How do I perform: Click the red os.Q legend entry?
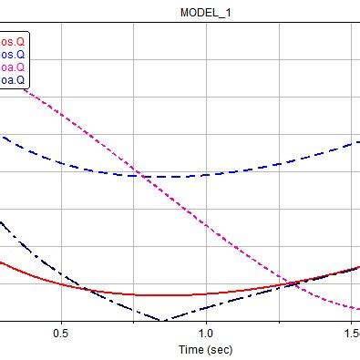tap(13, 42)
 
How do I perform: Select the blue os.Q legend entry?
tap(13, 54)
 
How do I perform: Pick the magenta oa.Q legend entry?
tap(13, 67)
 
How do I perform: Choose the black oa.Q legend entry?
tap(13, 79)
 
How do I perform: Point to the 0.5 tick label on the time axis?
tap(62, 334)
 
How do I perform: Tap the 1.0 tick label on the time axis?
tap(206, 334)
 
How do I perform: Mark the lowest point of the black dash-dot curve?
tap(162, 320)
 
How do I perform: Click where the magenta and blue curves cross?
tap(137, 174)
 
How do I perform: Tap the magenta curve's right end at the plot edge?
tap(358, 309)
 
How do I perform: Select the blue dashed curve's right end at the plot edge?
tap(358, 141)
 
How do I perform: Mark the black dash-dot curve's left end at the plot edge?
tap(1, 221)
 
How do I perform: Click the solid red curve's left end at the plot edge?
tap(1, 263)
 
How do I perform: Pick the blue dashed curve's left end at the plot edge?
tap(2, 137)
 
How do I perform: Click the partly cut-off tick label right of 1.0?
tap(350, 334)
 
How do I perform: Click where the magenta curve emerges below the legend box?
tap(33, 92)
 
